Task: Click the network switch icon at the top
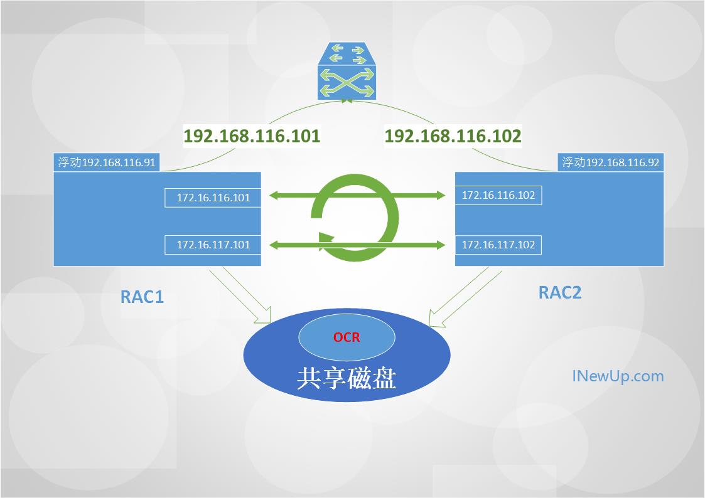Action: (347, 71)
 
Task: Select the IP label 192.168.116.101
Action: (252, 136)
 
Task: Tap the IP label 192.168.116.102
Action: (453, 136)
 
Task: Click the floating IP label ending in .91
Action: (107, 162)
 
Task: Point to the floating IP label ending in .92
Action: (611, 162)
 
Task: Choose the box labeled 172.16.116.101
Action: (213, 198)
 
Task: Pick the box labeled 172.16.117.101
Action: (213, 245)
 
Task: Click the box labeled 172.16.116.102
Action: (498, 195)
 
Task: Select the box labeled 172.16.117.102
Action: (498, 245)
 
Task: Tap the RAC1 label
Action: (142, 297)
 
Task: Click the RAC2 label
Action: (560, 292)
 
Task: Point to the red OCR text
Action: (347, 337)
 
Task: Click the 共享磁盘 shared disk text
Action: (347, 378)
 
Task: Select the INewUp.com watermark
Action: (618, 376)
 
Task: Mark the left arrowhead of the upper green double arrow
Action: (275, 195)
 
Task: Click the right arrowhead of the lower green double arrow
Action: (439, 245)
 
